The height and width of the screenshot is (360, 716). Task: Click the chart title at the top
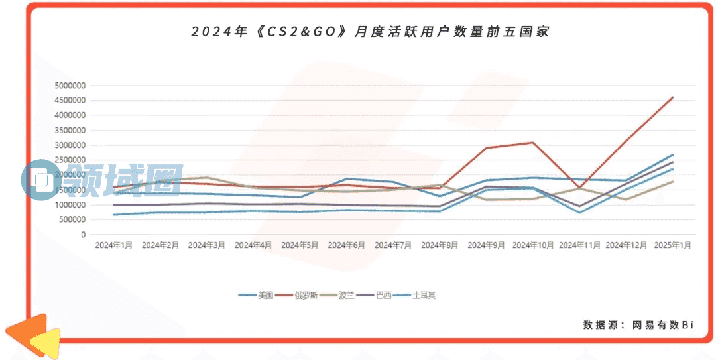click(x=370, y=31)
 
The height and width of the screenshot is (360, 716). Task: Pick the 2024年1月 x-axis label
click(x=114, y=245)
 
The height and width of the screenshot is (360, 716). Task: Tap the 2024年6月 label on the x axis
click(x=346, y=245)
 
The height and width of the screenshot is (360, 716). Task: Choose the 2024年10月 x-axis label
click(x=533, y=245)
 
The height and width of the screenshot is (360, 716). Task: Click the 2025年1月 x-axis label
click(x=672, y=245)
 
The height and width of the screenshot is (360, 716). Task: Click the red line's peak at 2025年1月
click(x=673, y=97)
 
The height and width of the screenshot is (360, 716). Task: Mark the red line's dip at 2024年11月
click(x=579, y=187)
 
